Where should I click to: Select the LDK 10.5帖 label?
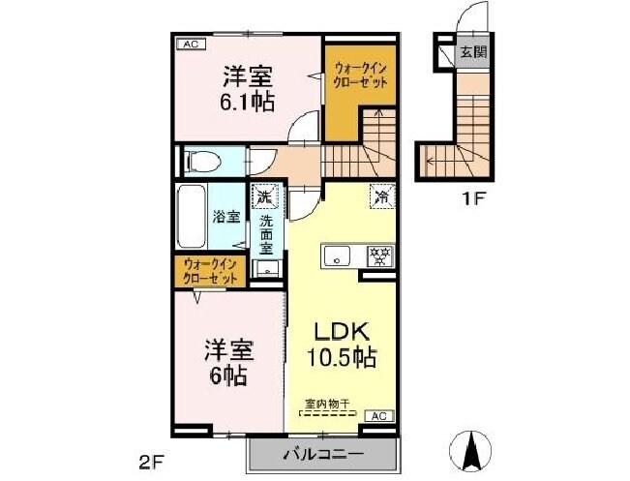click(x=341, y=343)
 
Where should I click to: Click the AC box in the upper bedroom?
click(x=190, y=44)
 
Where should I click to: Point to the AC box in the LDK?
click(x=383, y=415)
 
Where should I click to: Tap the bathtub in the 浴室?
click(x=192, y=217)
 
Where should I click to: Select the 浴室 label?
click(x=226, y=217)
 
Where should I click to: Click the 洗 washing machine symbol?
click(x=264, y=197)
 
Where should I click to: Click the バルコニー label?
click(x=323, y=454)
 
